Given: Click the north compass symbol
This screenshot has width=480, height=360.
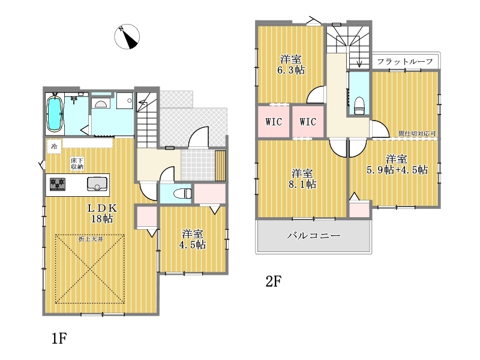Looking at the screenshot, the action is tap(127, 37).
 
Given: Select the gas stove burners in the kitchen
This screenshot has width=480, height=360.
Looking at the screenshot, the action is tap(58, 184).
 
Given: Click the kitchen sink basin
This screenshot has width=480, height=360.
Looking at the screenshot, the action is tap(97, 184).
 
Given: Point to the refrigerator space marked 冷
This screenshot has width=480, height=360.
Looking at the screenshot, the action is tap(54, 146).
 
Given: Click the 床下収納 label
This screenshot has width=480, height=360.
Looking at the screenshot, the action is tap(77, 164).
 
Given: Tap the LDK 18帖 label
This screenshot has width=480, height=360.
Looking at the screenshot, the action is tap(102, 214).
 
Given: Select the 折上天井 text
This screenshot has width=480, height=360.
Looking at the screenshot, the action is tap(91, 239).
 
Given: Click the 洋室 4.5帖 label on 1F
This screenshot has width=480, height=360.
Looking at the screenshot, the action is tap(193, 239).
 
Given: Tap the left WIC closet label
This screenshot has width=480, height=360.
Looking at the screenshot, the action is tap(274, 122).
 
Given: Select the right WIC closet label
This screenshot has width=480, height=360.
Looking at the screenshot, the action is tap(308, 122).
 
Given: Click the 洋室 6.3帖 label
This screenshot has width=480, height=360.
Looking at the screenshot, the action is tap(291, 65).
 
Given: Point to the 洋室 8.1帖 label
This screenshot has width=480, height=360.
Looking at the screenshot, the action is tap(302, 179).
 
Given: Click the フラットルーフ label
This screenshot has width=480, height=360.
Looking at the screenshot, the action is tap(405, 62).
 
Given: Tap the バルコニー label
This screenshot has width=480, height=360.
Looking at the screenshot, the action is tap(314, 235).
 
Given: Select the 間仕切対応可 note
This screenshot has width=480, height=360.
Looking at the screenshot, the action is tap(417, 134).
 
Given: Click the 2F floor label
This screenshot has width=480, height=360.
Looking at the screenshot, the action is tap(274, 281).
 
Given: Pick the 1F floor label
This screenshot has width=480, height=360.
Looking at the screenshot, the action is tap(59, 338).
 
